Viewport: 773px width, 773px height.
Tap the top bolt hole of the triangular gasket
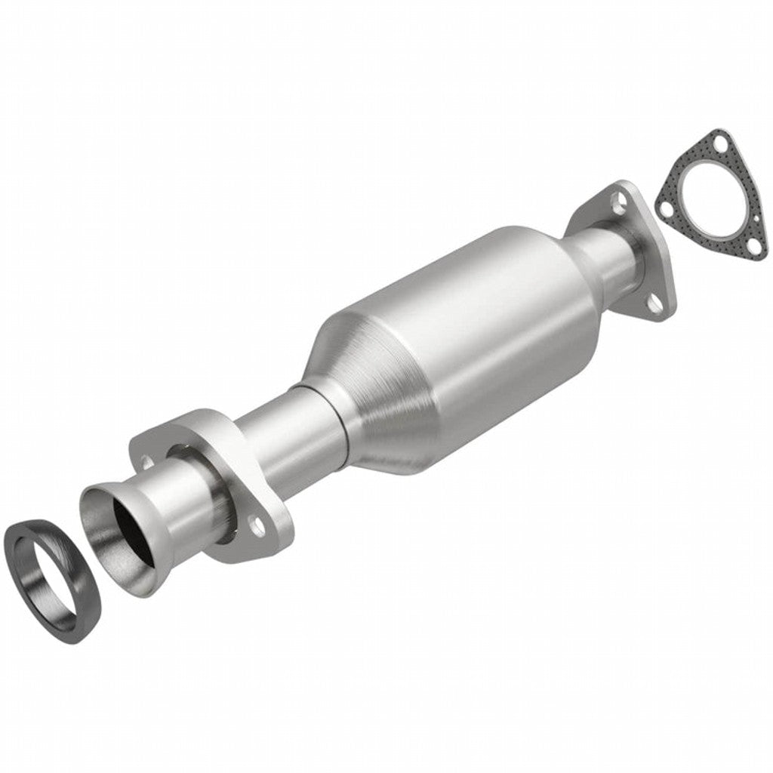coord(721,143)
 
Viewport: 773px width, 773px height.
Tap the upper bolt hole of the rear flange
coord(620,201)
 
